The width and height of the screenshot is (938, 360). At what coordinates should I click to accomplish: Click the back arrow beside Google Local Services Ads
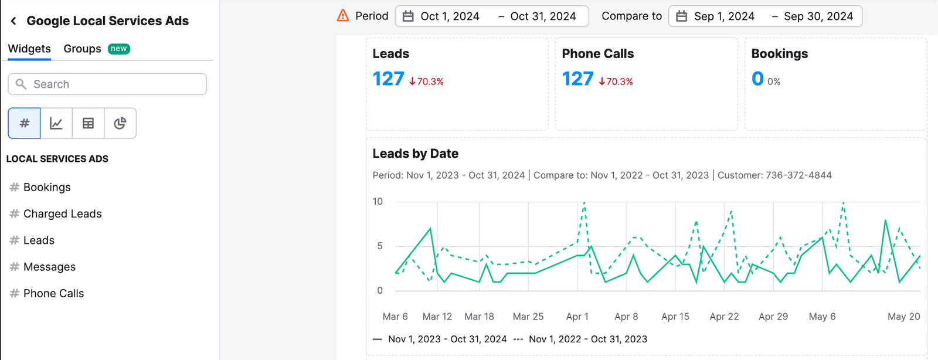(13, 21)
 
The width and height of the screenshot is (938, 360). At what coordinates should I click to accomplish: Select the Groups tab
(82, 49)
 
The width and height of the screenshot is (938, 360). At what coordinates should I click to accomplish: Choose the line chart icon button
(56, 123)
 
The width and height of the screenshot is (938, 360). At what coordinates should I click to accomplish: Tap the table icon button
(88, 123)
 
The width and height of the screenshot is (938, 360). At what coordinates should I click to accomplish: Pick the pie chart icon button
(120, 123)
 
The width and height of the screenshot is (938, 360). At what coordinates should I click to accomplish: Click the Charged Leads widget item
(62, 214)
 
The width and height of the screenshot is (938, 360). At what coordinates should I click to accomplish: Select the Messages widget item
(49, 267)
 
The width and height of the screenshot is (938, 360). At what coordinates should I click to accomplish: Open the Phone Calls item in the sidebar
(53, 293)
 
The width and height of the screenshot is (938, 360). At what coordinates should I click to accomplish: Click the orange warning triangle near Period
(343, 16)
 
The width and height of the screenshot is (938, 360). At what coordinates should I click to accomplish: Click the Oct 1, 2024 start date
(450, 16)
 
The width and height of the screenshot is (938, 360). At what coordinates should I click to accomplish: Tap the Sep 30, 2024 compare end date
(818, 16)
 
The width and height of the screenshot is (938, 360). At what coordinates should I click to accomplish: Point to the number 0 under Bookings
(757, 79)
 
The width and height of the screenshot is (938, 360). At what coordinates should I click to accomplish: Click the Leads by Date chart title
(415, 154)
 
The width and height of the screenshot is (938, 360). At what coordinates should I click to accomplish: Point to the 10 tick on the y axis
(378, 202)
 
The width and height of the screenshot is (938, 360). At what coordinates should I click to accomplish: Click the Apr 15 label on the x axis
(675, 317)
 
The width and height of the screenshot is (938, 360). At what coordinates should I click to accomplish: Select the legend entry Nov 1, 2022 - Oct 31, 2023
(587, 339)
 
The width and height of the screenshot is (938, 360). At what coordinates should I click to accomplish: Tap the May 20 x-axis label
(903, 317)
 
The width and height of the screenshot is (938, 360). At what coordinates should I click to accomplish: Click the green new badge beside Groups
(119, 49)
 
